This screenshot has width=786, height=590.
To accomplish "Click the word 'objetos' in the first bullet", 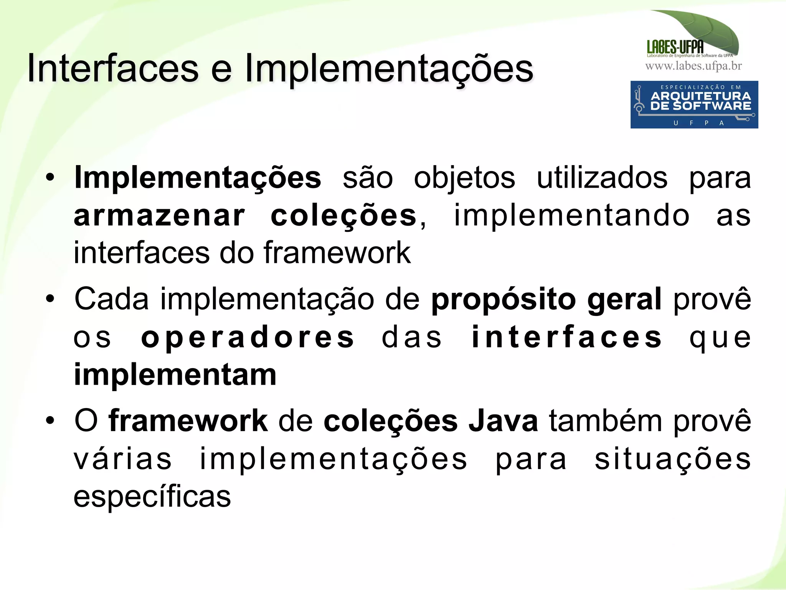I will (464, 178).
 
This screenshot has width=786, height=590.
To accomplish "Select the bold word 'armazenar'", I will (159, 216).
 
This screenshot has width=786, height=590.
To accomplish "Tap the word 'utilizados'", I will (602, 178).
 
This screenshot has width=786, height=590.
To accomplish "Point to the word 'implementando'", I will (572, 216).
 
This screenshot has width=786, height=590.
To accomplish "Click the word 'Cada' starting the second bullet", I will (111, 299).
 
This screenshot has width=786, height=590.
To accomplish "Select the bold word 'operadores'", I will (248, 337).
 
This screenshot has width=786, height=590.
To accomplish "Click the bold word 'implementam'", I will (175, 375).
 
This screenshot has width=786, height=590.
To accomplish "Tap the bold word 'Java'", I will (503, 421).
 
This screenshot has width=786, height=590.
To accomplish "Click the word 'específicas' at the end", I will (152, 497).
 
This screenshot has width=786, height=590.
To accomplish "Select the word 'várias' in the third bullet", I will (122, 459).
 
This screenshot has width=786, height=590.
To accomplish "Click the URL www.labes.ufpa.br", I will (694, 66).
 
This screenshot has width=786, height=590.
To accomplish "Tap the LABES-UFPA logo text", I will (675, 47).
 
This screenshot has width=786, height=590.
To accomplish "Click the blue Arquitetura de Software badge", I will (694, 104).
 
